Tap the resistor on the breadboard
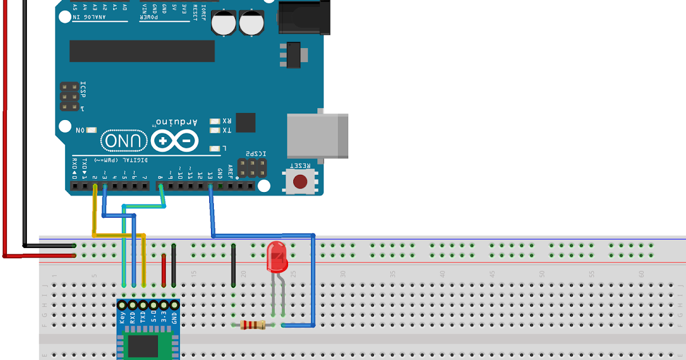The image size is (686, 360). click(252, 325)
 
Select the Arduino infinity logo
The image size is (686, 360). click(175, 141)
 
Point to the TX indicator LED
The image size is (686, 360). click(215, 130)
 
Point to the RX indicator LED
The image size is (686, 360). click(215, 121)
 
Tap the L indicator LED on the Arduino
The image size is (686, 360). click(215, 149)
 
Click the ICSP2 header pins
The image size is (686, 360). click(252, 167)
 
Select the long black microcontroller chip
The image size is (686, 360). click(142, 51)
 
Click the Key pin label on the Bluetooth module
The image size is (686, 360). click(122, 318)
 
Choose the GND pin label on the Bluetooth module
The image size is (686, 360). click(174, 318)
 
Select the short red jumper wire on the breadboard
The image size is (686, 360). click(163, 270)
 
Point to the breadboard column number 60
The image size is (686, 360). click(641, 274)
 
